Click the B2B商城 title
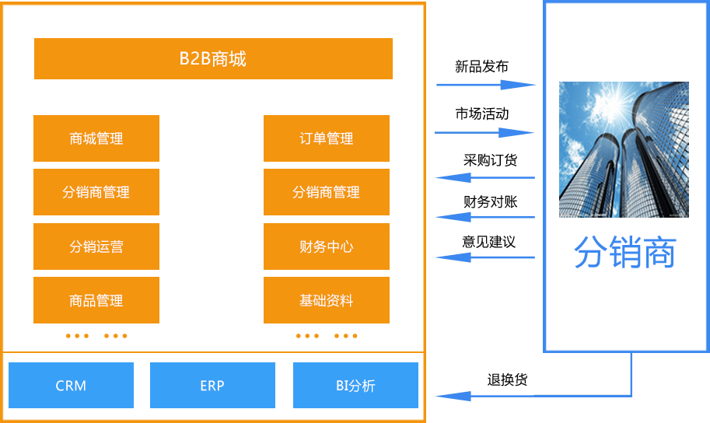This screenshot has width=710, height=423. coord(212,59)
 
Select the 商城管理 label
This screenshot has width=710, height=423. coord(96,139)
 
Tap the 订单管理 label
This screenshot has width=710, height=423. coord(327,139)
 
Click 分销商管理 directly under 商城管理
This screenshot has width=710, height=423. coord(96,193)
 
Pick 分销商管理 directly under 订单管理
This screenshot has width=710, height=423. coord(327,193)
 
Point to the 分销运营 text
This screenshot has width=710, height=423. coord(96,247)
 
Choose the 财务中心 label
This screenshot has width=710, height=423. coord(327,247)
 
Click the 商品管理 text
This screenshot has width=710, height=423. coord(96,301)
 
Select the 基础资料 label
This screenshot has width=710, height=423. coord(327,301)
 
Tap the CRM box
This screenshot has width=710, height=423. coord(71,385)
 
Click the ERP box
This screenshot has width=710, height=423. coord(212,385)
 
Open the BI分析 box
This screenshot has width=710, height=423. coord(355,385)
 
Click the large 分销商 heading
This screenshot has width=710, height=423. coord(625,252)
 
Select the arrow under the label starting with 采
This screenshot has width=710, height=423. coord(488,178)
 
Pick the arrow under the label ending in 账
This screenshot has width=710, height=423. coord(488,217)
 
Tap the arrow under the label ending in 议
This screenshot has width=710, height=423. coord(488,257)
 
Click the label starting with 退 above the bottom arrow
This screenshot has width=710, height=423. coord(507,380)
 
